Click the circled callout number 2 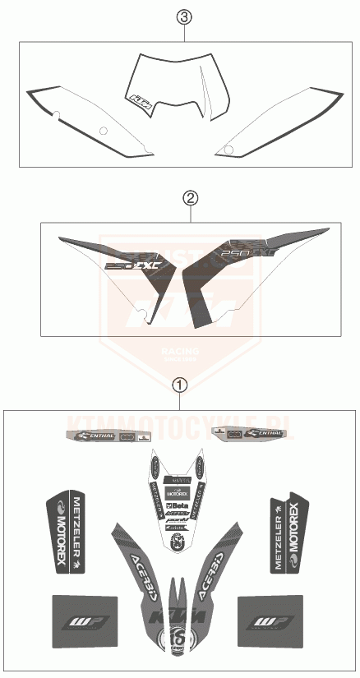point(190,197)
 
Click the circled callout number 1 point(178,382)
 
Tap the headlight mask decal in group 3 point(168,86)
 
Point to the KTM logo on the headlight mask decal point(137,100)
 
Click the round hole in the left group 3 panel point(102,131)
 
